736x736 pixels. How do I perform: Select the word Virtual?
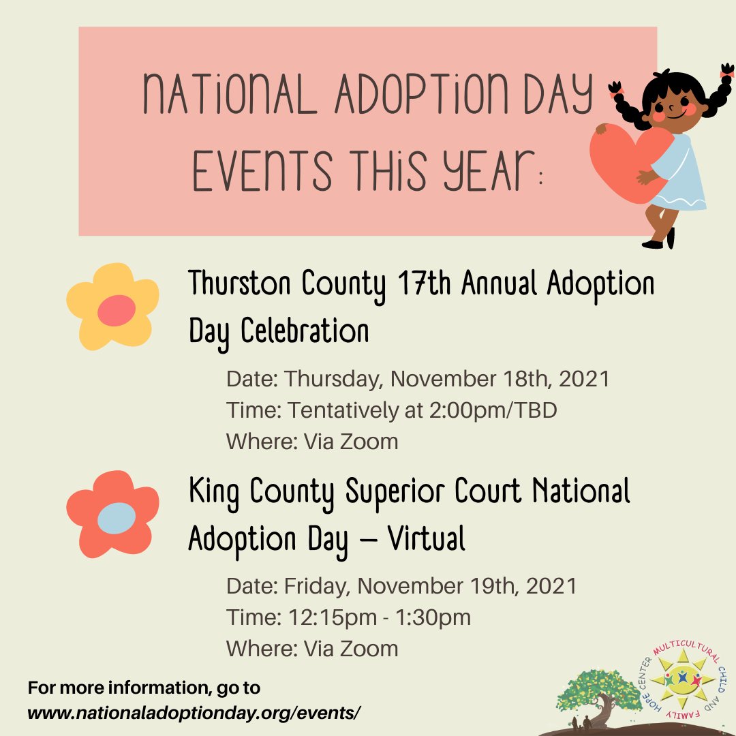427,540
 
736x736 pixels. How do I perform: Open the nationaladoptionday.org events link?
194,712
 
